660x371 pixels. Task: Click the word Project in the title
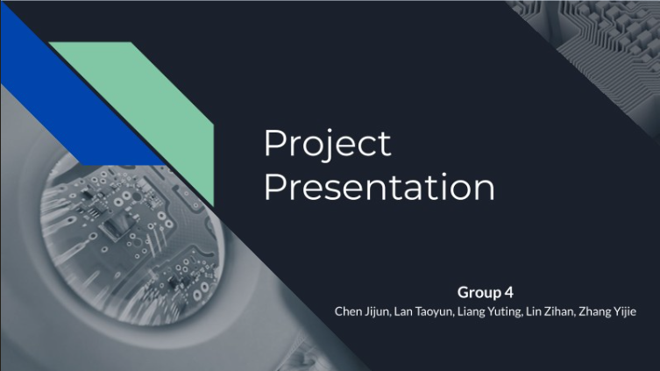(328, 145)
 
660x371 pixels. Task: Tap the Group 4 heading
(486, 292)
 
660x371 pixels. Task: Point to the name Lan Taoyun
(424, 311)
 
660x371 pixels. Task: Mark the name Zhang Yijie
(607, 311)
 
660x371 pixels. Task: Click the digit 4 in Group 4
(509, 292)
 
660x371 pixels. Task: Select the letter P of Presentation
(273, 187)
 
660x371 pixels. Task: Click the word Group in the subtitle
(479, 293)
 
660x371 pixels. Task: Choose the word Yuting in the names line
(505, 312)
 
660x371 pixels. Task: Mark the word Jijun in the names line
(379, 311)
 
